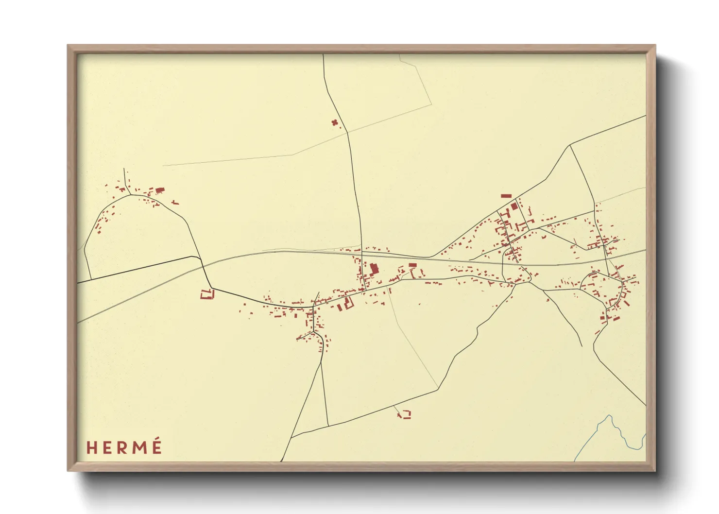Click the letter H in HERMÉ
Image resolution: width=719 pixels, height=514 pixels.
tap(91, 447)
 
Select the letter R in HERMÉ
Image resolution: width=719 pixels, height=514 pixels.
tap(122, 447)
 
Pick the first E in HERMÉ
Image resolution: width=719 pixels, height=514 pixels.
tap(107, 447)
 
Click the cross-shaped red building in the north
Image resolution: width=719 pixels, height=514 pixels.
tap(334, 122)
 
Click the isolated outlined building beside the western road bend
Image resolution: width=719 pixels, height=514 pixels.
tap(207, 294)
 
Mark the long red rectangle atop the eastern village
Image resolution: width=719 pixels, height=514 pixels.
tap(506, 196)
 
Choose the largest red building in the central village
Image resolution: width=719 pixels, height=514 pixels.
tap(374, 269)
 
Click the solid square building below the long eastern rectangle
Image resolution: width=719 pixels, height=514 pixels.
tap(514, 206)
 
